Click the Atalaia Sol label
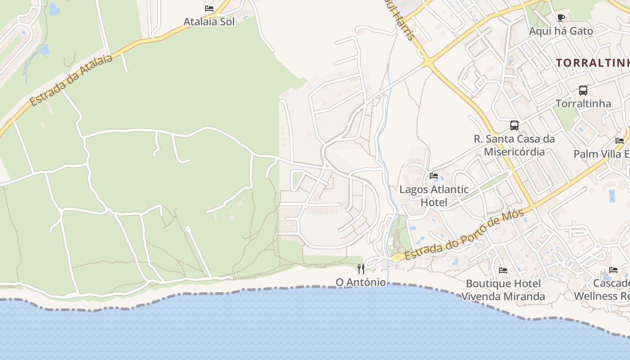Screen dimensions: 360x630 pos(209,22)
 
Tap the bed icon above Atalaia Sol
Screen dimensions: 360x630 pos(209,9)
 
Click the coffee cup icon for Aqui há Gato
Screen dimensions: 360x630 pos(561,18)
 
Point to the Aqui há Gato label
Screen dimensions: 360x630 pos(561,31)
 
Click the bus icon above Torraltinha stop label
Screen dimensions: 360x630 pos(583,90)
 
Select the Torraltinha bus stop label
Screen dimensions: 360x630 pos(583,103)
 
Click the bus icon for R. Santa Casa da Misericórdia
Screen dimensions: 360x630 pos(514,126)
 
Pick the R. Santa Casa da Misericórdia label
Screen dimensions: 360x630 pos(514,145)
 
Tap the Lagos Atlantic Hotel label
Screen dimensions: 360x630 pos(434,196)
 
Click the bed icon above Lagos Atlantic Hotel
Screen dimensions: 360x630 pos(434,176)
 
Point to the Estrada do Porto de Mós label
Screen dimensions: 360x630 pos(464,235)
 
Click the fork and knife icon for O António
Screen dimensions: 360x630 pos(361,269)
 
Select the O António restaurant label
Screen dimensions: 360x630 pos(361,282)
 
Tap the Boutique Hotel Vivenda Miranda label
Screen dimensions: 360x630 pos(503,290)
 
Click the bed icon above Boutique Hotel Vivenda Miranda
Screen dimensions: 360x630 pos(503,270)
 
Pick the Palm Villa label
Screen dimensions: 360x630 pos(601,154)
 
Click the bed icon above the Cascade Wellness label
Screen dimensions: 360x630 pos(613,270)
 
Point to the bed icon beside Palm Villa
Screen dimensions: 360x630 pos(620,141)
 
